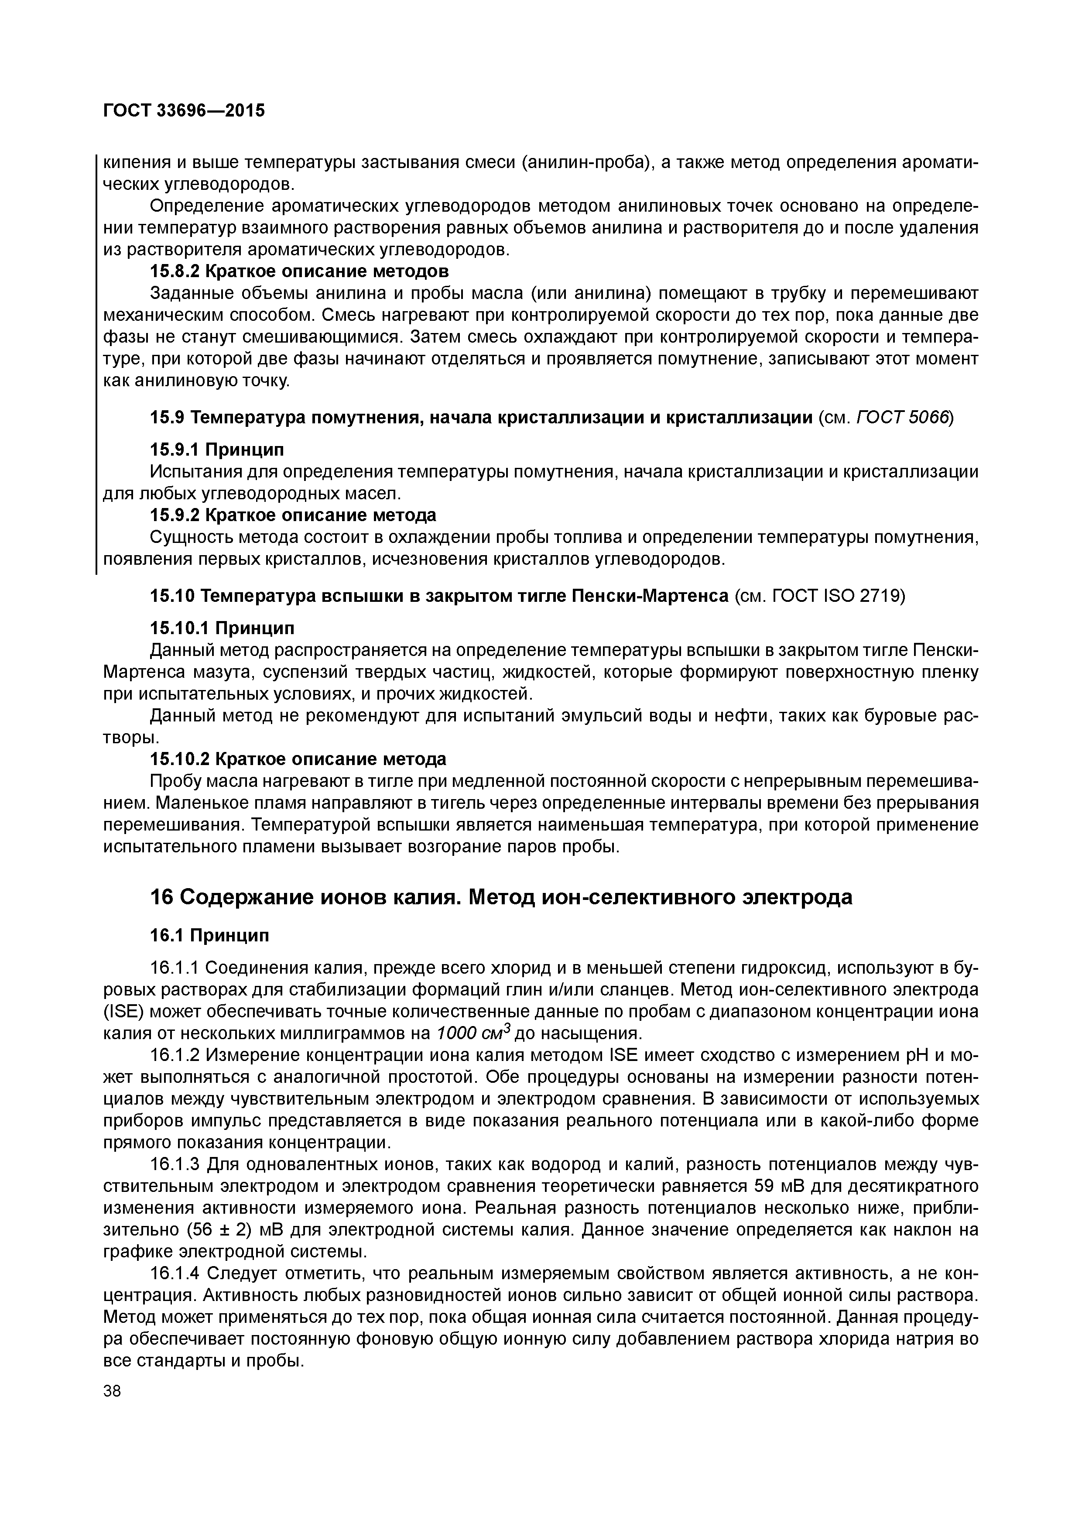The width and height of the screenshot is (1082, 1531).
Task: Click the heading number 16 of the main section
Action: click(x=161, y=898)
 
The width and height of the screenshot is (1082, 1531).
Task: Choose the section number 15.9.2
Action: click(x=173, y=515)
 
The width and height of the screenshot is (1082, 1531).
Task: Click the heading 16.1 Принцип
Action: click(x=209, y=936)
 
